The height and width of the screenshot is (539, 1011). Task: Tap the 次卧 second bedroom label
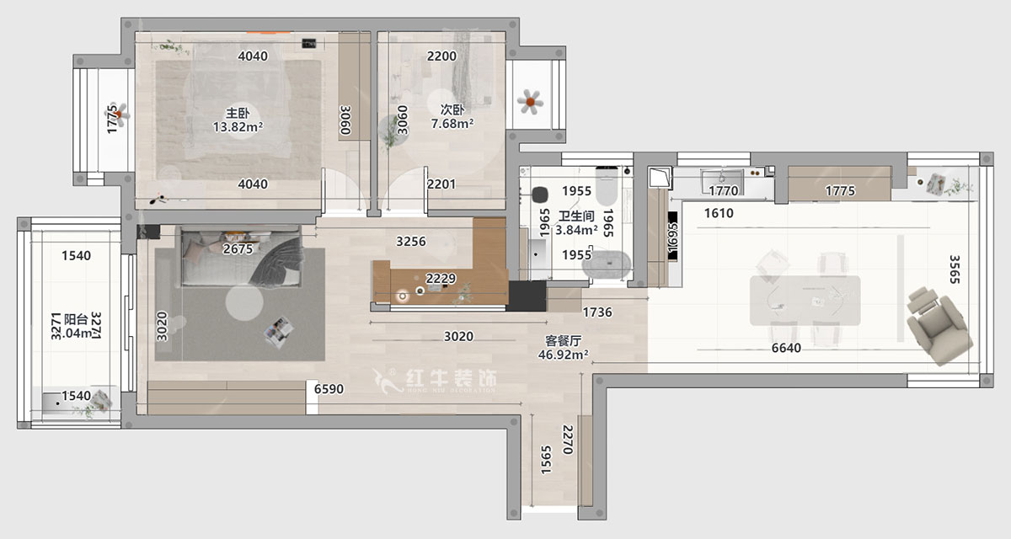pos(452,109)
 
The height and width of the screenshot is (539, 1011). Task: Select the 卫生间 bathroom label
pos(576,215)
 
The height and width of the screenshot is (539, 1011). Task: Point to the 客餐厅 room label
pos(564,341)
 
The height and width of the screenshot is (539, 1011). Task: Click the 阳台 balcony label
pos(76,319)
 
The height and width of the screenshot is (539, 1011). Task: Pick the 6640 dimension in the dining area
pos(784,348)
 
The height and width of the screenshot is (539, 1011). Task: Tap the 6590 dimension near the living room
pos(329,389)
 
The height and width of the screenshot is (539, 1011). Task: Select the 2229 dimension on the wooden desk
pos(441,279)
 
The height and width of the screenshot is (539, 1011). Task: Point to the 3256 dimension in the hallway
pos(411,242)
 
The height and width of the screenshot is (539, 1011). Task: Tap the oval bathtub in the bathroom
pos(607,264)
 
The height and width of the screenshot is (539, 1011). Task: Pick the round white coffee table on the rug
pos(244,302)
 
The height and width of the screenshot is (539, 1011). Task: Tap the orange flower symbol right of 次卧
pos(529,102)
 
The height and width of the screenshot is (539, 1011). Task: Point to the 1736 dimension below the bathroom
pos(596,312)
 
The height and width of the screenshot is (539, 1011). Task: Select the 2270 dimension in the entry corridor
pos(568,440)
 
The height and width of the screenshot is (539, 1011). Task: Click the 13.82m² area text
pos(238,127)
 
